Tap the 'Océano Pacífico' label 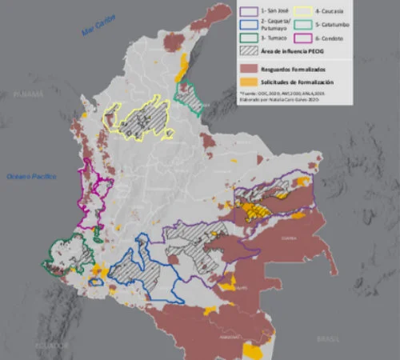click(x=29, y=175)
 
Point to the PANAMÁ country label click(x=26, y=94)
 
